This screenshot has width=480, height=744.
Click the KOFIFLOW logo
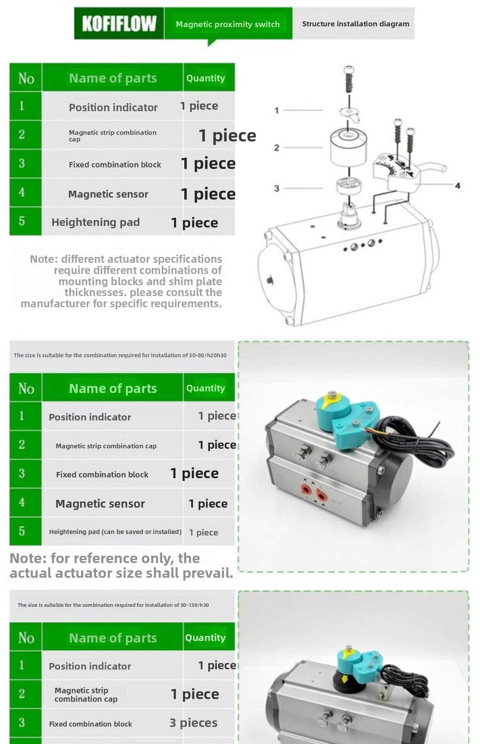point(119,23)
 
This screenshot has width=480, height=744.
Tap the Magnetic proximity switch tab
point(228,24)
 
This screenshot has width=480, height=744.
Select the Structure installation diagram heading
point(355,24)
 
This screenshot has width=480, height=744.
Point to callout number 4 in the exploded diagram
point(458,186)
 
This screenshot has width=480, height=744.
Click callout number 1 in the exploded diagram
point(276,110)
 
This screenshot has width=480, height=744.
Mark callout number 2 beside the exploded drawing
point(276,148)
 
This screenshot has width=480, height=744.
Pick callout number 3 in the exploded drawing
point(276,188)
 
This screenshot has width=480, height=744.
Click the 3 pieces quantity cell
point(194,723)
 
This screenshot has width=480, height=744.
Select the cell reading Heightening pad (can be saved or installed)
point(115,532)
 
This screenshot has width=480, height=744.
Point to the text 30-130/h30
point(194,605)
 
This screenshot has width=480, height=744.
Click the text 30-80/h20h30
point(207,355)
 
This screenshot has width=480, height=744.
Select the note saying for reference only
point(121,566)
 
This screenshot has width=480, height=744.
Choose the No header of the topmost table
point(26,78)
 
